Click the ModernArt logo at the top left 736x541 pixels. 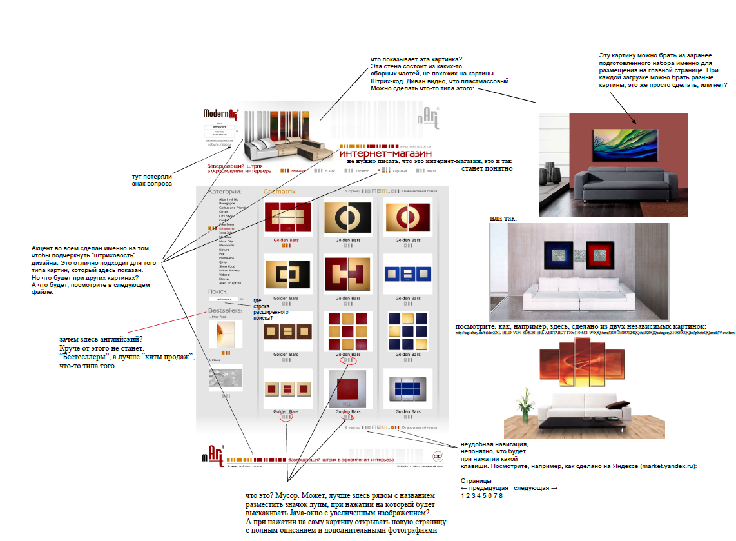221,114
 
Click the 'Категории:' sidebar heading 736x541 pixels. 224,192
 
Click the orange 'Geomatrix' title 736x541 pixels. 279,192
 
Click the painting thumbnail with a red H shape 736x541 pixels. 348,274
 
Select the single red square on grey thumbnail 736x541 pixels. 348,389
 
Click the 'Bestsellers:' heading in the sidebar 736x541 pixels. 224,311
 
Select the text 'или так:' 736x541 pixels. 503,219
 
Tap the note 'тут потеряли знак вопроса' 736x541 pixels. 152,179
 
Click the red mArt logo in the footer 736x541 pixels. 217,455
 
